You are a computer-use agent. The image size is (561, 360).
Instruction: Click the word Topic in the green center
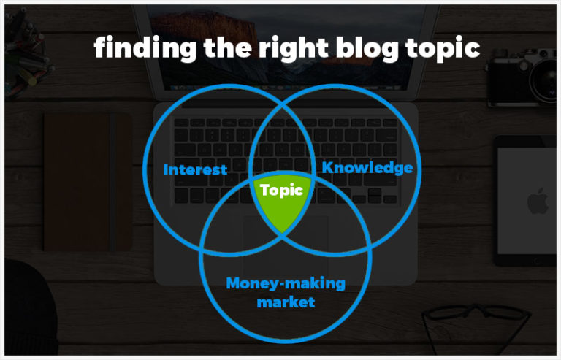(x=282, y=191)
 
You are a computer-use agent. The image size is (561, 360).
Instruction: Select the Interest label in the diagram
(x=195, y=170)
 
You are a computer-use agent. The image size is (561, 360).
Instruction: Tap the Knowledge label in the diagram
(x=367, y=168)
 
